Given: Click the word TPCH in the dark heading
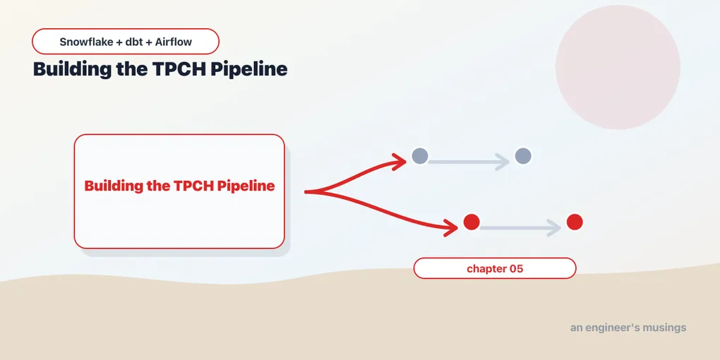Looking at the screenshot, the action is click(x=181, y=69).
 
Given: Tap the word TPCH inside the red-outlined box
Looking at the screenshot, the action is click(x=193, y=186).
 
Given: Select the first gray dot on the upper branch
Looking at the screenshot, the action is click(x=420, y=156).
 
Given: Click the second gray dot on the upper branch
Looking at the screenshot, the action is click(x=523, y=156).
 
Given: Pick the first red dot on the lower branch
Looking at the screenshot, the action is click(x=472, y=222).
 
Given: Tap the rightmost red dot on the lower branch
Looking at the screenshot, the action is click(x=575, y=222).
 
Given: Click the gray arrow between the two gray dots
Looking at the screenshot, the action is click(x=469, y=162).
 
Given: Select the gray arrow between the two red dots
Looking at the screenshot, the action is click(x=520, y=228).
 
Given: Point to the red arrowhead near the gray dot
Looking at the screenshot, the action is click(x=400, y=162).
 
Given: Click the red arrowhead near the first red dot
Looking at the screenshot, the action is click(x=451, y=227).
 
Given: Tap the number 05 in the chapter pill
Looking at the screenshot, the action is click(x=516, y=269).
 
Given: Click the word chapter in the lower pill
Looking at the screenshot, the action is click(x=486, y=269).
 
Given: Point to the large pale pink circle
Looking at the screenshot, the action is click(x=618, y=67).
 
